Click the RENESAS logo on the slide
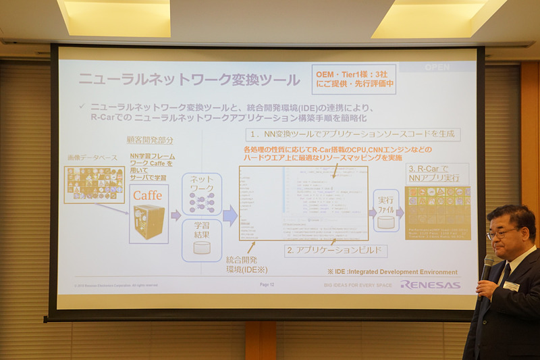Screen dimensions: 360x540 click(430, 284)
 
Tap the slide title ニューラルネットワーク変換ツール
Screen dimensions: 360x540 click(189, 80)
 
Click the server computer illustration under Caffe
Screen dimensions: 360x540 click(148, 221)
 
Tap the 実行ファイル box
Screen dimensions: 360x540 click(386, 209)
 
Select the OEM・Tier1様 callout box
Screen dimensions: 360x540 click(354, 79)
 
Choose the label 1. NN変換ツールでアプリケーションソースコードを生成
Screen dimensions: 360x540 click(352, 134)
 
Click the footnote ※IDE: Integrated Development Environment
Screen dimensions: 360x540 click(391, 272)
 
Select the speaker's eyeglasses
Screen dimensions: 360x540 click(501, 233)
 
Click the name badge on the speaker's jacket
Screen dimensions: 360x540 click(511, 286)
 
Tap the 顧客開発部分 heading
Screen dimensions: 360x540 click(150, 140)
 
